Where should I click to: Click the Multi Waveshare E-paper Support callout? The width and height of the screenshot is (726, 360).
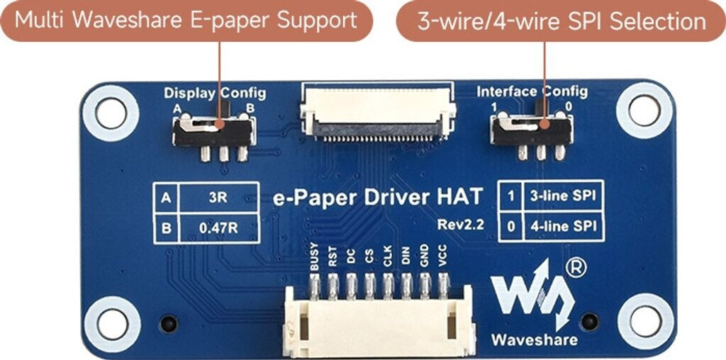[x=186, y=20]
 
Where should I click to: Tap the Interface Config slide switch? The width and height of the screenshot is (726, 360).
[x=532, y=131]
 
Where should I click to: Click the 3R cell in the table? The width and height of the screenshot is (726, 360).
[x=218, y=198]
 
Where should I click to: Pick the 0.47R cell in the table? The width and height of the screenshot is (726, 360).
[x=218, y=228]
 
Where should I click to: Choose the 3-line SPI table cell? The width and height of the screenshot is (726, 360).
[x=559, y=196]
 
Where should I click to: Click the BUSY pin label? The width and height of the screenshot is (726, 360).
[x=315, y=257]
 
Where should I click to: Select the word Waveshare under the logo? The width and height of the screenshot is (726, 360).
[x=535, y=340]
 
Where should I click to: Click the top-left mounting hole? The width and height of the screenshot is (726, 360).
[x=111, y=111]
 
